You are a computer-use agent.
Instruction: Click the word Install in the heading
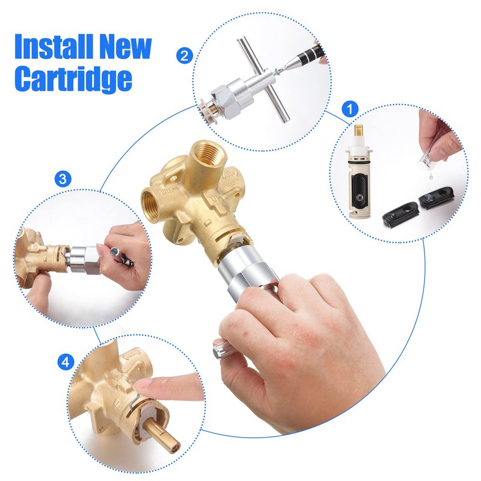point(54,47)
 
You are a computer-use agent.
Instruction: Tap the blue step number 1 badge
point(350,109)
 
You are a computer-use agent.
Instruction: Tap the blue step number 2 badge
point(185,56)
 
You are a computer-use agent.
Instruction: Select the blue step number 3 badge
point(63,179)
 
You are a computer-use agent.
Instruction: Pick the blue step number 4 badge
point(66,363)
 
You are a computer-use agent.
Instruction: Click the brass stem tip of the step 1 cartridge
point(359,132)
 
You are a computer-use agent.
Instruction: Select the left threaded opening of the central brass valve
point(153,203)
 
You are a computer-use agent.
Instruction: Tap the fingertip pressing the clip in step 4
point(144,387)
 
